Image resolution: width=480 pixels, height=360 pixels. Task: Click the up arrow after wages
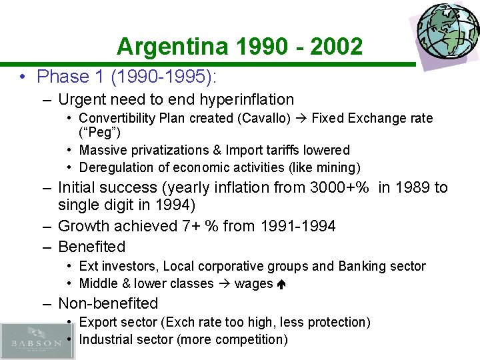click(x=281, y=285)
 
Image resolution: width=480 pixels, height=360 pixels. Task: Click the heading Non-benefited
click(x=108, y=304)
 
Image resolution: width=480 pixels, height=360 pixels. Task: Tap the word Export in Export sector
click(x=99, y=323)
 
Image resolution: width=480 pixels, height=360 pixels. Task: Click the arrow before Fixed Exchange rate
click(x=302, y=119)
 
